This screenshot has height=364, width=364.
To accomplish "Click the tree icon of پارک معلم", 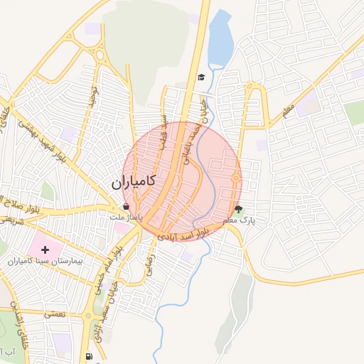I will coord(238,210).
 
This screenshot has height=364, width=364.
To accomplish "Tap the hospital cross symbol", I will coord(46,250).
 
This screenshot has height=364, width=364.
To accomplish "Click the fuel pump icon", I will coord(88,356).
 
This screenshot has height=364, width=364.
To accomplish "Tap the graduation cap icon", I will coord(201,77).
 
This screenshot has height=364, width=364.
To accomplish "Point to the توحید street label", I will coord(92,95).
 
